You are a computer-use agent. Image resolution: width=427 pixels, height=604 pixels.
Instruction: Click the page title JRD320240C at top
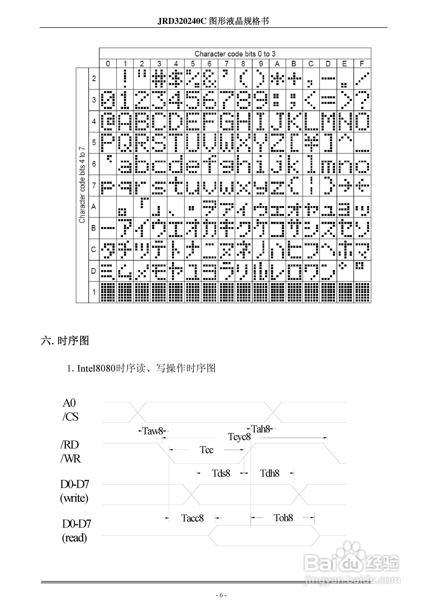213,21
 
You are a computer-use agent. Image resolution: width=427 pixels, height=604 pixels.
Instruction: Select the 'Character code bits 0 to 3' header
235,54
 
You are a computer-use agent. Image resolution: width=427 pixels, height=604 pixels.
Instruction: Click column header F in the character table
362,64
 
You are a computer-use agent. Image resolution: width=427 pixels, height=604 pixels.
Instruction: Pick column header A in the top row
277,64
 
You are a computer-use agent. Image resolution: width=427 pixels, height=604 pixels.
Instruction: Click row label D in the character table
94,271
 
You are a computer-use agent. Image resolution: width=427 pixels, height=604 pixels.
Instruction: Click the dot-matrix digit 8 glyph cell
243,100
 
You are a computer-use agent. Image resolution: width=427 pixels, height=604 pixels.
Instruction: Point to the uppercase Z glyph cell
277,143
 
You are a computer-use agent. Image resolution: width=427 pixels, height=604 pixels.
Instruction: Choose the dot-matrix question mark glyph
362,100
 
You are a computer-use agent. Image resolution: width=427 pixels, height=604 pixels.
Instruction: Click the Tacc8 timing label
192,518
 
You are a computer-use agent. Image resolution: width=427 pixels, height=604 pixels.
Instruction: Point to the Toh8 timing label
283,518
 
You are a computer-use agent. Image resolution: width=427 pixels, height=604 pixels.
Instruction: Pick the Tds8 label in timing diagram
221,473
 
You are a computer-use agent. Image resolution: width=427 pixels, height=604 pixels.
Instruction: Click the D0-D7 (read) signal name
76,531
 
